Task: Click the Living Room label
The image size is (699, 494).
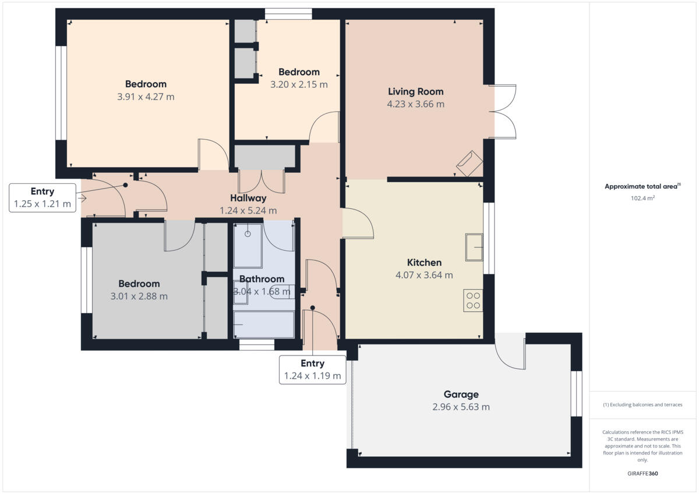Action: coord(415,91)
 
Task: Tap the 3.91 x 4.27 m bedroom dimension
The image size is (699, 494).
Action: coord(146,97)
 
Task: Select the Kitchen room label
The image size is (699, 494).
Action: coord(424,262)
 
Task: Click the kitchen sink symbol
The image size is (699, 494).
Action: coord(474,247)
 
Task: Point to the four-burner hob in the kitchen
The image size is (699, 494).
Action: coord(473,300)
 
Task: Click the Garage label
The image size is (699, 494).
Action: coord(461,395)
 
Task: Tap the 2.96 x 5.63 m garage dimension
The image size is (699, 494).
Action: coord(461,407)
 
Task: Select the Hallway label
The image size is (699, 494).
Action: coord(248,198)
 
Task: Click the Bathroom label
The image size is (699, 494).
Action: coord(262,279)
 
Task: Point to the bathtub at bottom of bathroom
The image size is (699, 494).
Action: coord(264,324)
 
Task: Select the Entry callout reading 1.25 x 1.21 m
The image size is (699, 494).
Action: coord(43,198)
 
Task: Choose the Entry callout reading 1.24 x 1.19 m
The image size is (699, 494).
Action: coord(312,369)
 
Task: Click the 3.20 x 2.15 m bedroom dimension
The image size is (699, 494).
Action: coord(299,84)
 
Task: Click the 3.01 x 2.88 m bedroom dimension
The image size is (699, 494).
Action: coord(139,296)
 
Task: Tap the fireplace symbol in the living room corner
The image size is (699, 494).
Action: coord(469,164)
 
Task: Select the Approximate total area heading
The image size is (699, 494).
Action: coord(641,187)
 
